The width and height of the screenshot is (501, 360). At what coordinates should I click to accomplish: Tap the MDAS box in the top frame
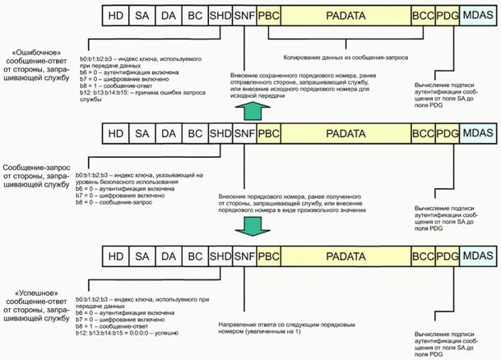point(478,15)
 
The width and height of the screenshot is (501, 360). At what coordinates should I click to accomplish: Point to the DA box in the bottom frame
point(169,257)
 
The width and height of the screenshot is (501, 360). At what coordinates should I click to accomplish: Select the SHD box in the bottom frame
point(220,257)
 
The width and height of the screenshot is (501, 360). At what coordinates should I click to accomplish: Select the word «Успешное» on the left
point(31,293)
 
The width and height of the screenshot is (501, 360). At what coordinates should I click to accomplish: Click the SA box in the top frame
point(141,15)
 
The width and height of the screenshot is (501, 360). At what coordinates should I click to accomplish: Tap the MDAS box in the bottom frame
point(478,257)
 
